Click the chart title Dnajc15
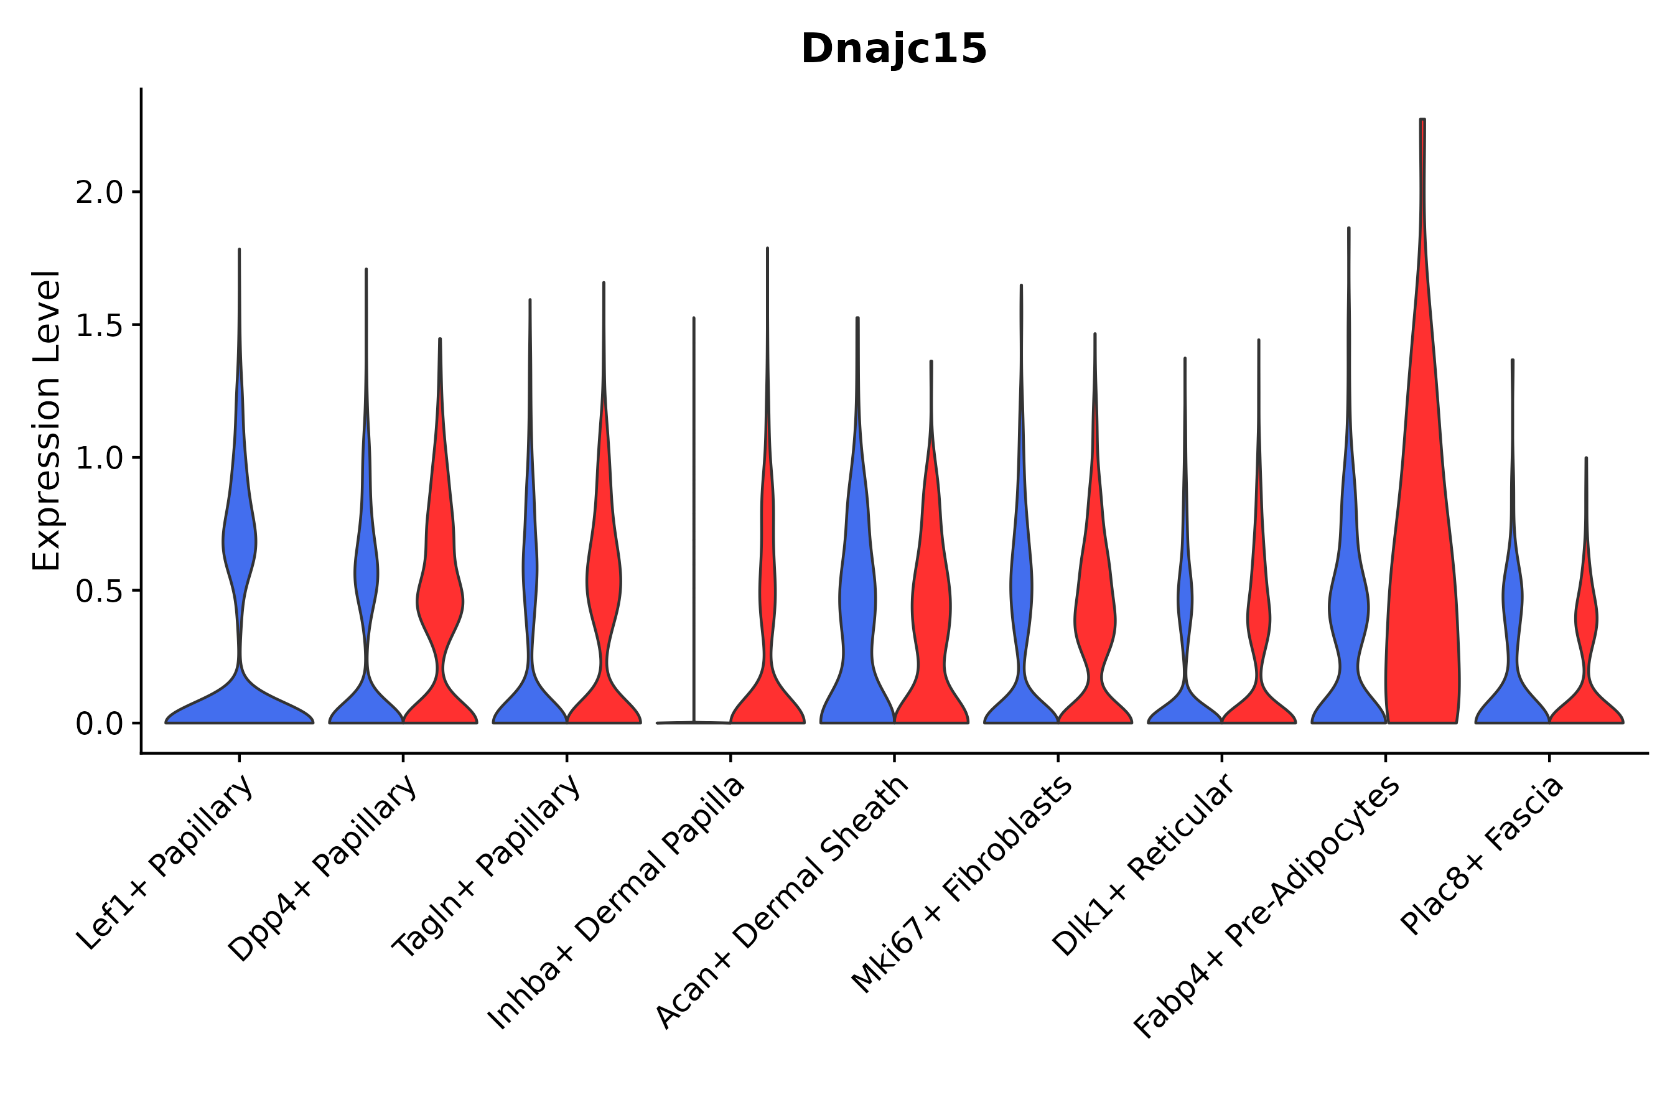pos(894,49)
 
